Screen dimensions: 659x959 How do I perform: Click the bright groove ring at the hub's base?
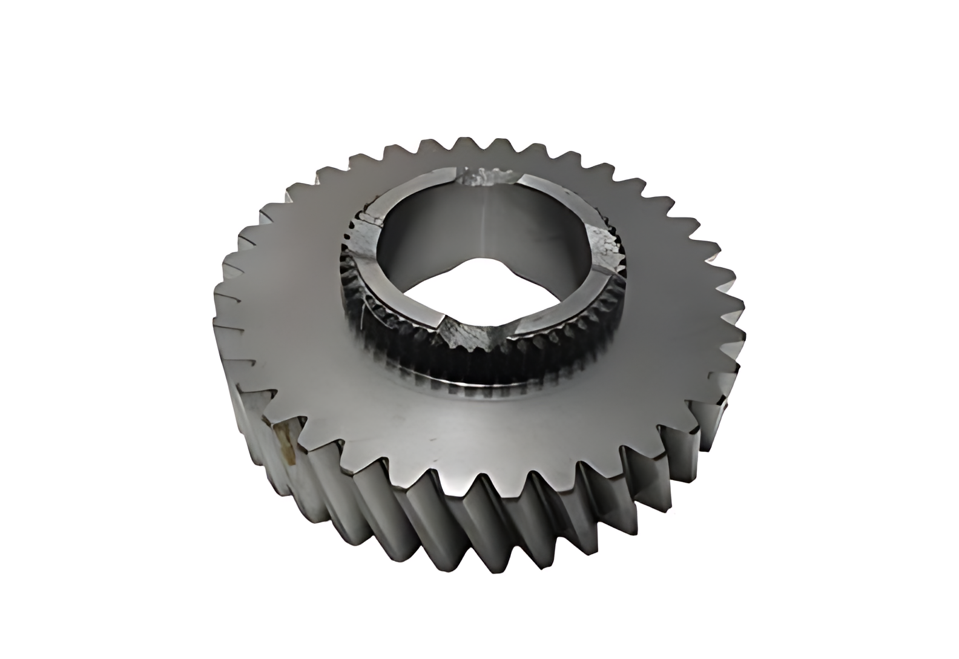pyautogui.click(x=478, y=388)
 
